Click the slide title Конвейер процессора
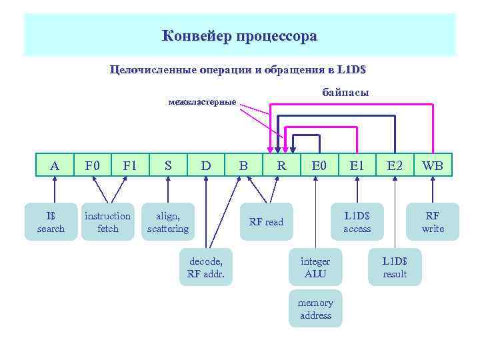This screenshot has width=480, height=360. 240,36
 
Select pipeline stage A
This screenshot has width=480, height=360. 55,165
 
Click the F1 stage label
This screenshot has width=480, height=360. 129,165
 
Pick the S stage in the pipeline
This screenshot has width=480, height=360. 168,165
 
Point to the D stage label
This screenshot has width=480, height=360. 206,165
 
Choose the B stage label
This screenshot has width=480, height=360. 244,165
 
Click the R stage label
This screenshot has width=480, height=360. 282,165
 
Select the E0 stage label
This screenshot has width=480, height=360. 320,165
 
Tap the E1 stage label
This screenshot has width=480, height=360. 357,165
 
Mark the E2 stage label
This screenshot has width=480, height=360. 395,165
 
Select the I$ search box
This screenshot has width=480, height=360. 51,222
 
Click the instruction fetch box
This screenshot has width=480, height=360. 107,222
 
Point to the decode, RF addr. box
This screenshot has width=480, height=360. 206,267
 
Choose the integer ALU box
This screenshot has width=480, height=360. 315,267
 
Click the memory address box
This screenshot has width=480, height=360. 315,309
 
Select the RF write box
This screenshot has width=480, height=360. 433,222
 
